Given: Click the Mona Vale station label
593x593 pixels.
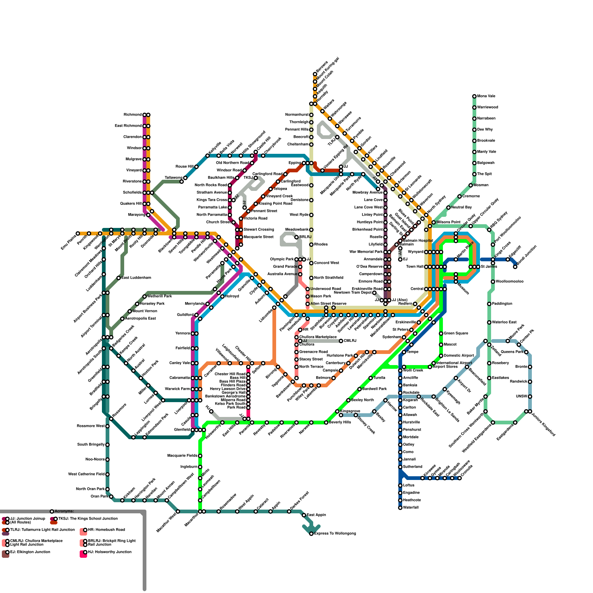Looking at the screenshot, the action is coord(486,96).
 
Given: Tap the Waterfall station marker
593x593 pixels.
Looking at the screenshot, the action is coord(400,508).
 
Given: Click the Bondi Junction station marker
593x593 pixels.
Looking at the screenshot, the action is coord(515,267).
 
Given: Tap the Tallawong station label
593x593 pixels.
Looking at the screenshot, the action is coord(173,178).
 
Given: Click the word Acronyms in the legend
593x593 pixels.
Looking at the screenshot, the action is coord(64,511).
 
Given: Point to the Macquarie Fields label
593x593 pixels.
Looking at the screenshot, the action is coord(182,456).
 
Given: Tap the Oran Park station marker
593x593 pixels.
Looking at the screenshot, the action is coord(111,497).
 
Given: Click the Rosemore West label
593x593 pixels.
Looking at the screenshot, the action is coord(91,426).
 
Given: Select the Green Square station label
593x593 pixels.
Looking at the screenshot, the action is coord(456,334).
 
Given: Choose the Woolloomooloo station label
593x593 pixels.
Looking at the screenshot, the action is coord(510,282).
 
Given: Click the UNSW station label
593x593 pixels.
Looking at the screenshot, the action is coord(521,397).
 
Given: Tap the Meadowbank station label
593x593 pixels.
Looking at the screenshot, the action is coord(297,230).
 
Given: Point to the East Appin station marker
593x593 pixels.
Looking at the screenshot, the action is coord(304,515).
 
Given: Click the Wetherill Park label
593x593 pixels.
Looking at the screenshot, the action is coord(160,296).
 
